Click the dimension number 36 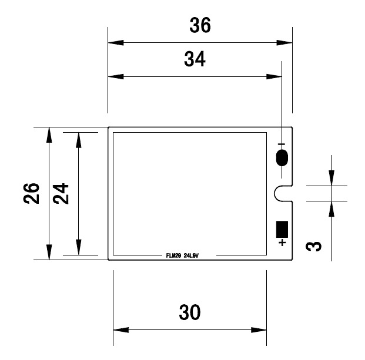(x=200, y=26)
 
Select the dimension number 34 (x=195, y=59)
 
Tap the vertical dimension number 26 (x=32, y=193)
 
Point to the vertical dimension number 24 (x=61, y=193)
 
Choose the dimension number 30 (x=189, y=312)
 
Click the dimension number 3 (x=315, y=243)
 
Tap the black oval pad (x=282, y=158)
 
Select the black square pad (x=282, y=228)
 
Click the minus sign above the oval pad (x=282, y=144)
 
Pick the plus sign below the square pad (x=283, y=242)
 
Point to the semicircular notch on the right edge (x=283, y=193)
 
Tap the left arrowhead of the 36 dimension (x=115, y=43)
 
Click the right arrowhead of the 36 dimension (x=284, y=43)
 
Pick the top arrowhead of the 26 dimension (x=49, y=134)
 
